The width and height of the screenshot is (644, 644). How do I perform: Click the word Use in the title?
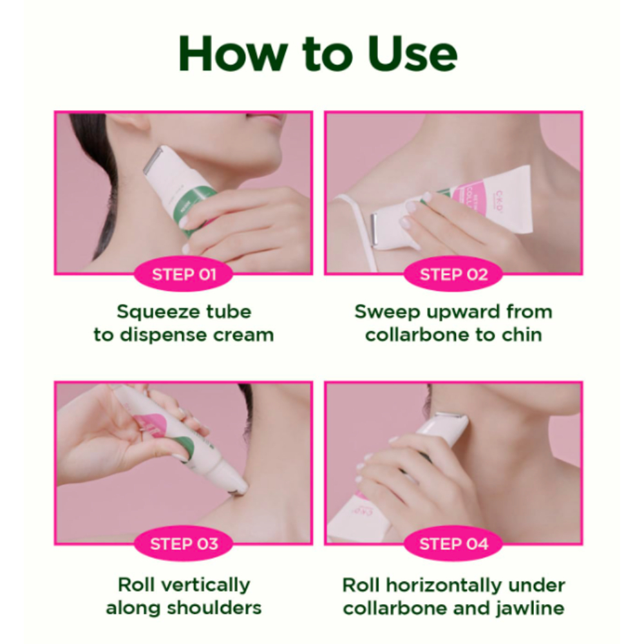coord(412,54)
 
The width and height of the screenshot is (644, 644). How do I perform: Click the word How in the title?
coord(232,54)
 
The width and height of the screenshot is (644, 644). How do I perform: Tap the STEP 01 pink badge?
coord(184,274)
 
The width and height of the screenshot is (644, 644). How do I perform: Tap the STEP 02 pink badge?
coord(453,274)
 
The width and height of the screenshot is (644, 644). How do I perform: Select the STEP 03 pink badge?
coord(184,544)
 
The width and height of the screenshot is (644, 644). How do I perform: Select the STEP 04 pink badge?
coord(453,544)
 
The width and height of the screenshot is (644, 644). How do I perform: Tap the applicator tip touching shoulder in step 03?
coord(242,487)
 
